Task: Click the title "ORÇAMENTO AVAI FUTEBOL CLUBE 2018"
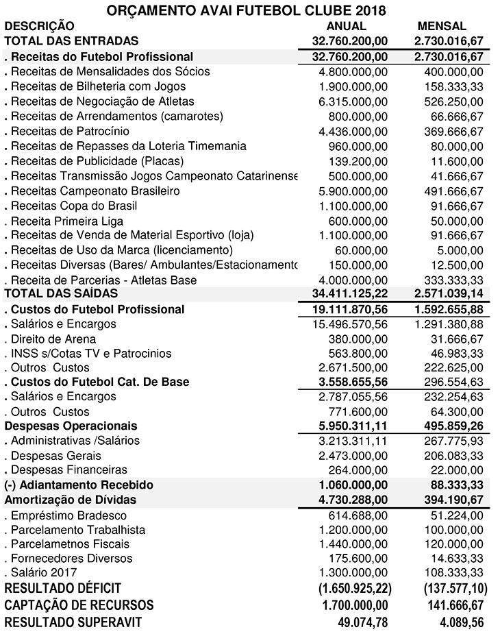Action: point(251,10)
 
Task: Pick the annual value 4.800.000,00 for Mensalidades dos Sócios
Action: point(353,72)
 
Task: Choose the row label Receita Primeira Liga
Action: point(64,221)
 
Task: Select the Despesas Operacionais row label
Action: point(71,426)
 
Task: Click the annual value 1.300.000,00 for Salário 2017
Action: point(353,572)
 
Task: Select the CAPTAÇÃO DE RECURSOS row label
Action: point(79,605)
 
